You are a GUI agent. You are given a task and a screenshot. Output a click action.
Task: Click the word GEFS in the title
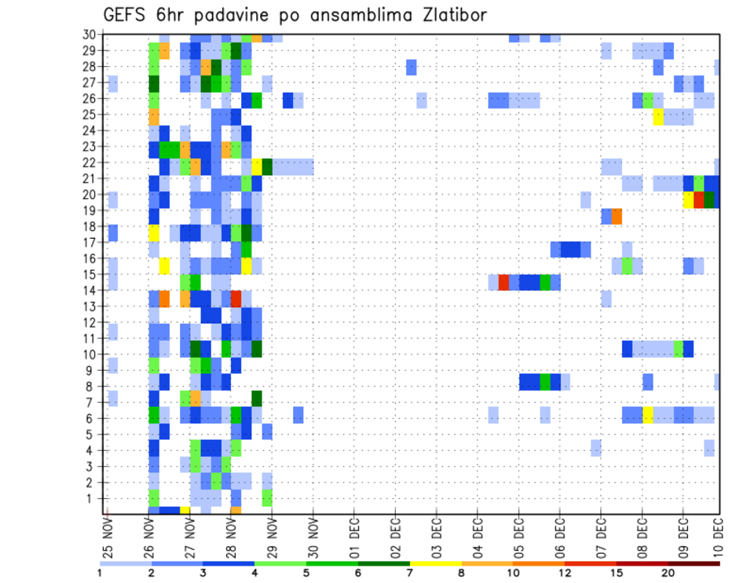(x=123, y=16)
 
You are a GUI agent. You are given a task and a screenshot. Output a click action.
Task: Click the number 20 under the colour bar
(x=669, y=573)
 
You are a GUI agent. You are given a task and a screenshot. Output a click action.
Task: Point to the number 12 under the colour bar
(x=565, y=573)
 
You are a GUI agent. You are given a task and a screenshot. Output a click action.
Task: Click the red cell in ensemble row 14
(x=236, y=299)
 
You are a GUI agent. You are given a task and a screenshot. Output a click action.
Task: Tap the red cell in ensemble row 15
(x=503, y=282)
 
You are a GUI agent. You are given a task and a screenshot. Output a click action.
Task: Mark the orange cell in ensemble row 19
(x=617, y=216)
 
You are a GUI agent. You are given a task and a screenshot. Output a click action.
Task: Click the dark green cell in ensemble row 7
(x=256, y=398)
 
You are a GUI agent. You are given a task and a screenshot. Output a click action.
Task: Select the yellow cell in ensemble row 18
(x=154, y=233)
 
